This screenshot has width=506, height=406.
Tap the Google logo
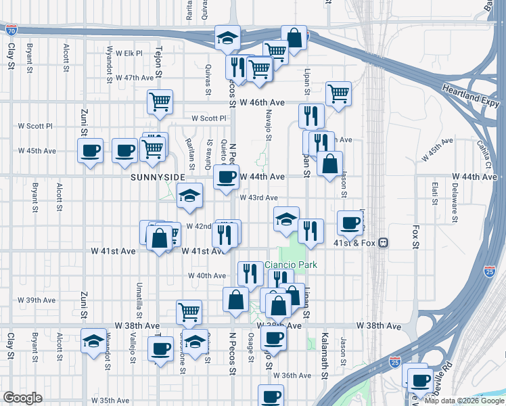pos(22,398)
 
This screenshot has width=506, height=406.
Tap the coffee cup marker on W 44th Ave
pos(227,177)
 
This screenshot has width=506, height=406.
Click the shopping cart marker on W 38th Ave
pos(189,311)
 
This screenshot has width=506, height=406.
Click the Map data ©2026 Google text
pos(464,401)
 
